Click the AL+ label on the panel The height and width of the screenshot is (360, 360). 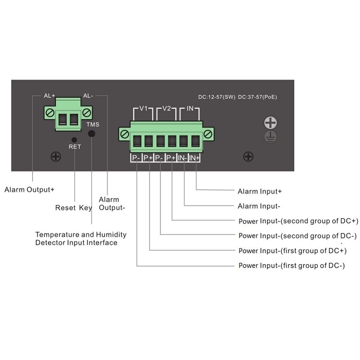[x=49, y=96]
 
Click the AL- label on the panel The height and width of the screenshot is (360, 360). [x=88, y=96]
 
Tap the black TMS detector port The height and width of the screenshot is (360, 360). [x=92, y=134]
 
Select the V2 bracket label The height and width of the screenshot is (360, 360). [x=166, y=109]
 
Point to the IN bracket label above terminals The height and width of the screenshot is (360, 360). [x=190, y=109]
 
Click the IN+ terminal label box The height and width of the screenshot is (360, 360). [x=194, y=158]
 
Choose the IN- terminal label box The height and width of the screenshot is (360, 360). [x=183, y=158]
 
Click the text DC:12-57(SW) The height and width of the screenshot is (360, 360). [x=217, y=97]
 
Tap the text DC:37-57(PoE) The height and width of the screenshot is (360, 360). [x=258, y=97]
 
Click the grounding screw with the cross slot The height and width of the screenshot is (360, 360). [x=271, y=123]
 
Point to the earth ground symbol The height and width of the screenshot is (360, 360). [x=271, y=136]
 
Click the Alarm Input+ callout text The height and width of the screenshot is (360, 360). [x=259, y=191]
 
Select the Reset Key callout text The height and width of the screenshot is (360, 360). [x=74, y=208]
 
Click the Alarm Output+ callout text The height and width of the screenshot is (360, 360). [x=29, y=190]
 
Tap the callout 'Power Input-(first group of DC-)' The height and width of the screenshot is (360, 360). [x=292, y=266]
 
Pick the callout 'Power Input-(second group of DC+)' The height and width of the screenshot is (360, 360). [x=298, y=221]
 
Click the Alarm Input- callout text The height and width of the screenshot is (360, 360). [x=259, y=206]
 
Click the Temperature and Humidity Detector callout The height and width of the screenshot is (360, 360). [x=81, y=239]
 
